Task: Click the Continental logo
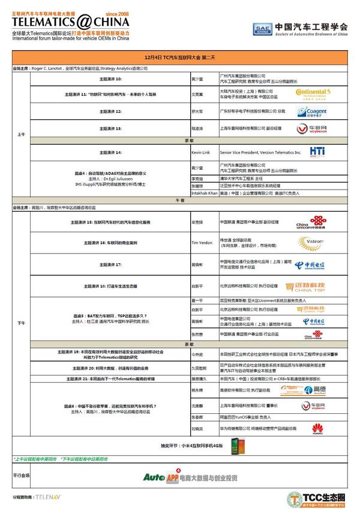point(311,94)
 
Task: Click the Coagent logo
point(313,112)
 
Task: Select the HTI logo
point(317,152)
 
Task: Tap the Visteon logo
point(312,242)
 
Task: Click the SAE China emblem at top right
point(260,28)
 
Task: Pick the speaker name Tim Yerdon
point(202,242)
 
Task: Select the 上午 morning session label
point(20,135)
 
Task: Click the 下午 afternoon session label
point(20,323)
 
